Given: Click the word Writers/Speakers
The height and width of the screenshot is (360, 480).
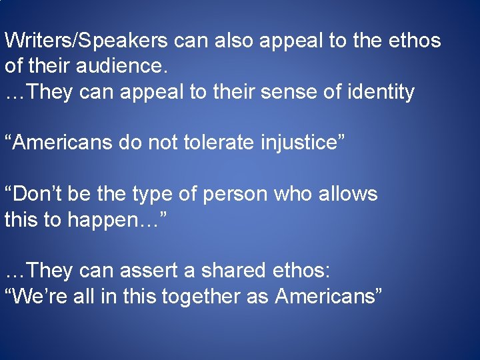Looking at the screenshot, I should tap(87, 41).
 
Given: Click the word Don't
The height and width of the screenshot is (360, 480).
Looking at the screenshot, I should tap(34, 194).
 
